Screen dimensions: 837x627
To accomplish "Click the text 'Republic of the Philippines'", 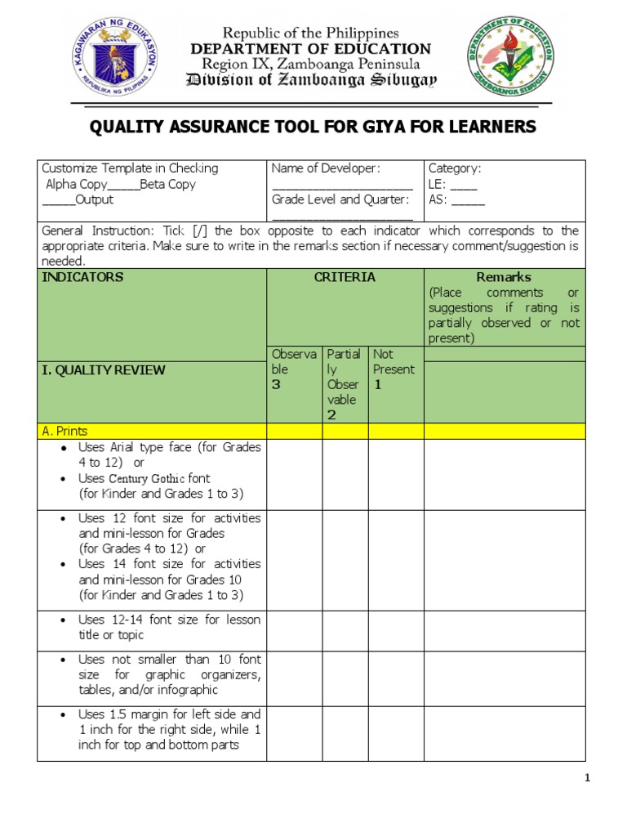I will pyautogui.click(x=311, y=34).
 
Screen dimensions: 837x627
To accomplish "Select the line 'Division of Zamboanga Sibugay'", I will pyautogui.click(x=311, y=80).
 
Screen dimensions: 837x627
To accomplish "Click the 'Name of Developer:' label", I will pyautogui.click(x=326, y=168).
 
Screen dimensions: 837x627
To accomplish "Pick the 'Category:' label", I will pyautogui.click(x=455, y=168).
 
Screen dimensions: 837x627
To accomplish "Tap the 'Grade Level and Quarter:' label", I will pyautogui.click(x=340, y=199).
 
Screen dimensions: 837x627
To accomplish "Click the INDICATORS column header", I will pyautogui.click(x=82, y=277).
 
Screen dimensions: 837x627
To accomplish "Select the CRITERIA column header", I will pyautogui.click(x=345, y=277).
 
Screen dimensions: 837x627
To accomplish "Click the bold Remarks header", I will pyautogui.click(x=504, y=277).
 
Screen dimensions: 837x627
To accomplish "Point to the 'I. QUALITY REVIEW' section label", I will pyautogui.click(x=104, y=370).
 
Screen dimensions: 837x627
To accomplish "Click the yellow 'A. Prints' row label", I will pyautogui.click(x=64, y=431).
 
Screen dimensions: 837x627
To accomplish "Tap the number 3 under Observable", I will pyautogui.click(x=276, y=385).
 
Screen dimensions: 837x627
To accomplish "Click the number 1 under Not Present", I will pyautogui.click(x=377, y=384).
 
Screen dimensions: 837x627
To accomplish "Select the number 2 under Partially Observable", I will pyautogui.click(x=331, y=415).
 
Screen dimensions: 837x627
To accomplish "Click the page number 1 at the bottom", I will pyautogui.click(x=587, y=778).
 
